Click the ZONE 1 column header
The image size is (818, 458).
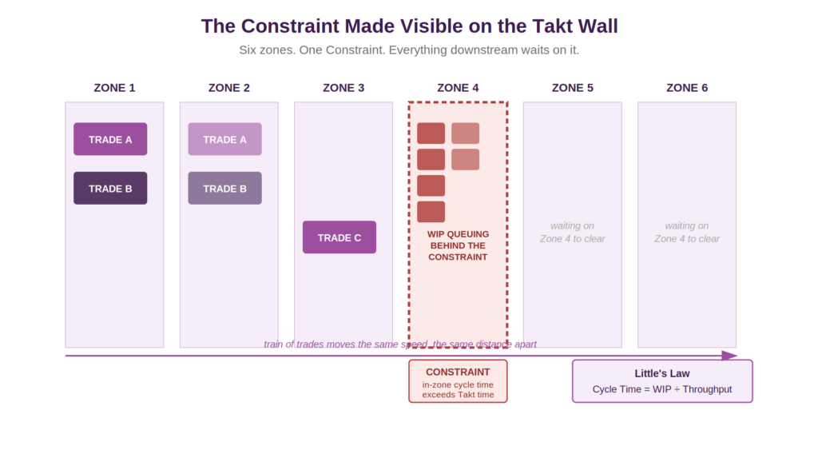pos(114,88)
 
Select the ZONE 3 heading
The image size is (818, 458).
pos(343,88)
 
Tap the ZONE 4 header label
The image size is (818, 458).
pos(458,88)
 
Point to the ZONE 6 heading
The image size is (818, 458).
pos(686,88)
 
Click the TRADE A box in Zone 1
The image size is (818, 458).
pos(110,139)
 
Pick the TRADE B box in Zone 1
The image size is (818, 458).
pos(110,188)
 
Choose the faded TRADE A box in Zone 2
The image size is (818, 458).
pos(224,139)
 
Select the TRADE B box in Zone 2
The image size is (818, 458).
pos(224,188)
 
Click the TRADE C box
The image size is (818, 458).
pos(339,237)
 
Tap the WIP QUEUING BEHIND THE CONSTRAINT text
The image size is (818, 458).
pos(458,245)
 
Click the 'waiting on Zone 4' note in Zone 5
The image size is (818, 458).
pos(572,232)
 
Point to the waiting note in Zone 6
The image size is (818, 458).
pos(686,232)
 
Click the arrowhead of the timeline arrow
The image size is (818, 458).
pos(730,356)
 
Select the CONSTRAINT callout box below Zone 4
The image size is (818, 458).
pos(458,381)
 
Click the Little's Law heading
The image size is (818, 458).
pos(662,373)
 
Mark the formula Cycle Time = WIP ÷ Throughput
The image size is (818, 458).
pos(662,389)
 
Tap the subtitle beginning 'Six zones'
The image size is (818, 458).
pos(409,50)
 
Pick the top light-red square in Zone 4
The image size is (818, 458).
pos(466,133)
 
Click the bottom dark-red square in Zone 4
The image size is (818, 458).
pos(431,212)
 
